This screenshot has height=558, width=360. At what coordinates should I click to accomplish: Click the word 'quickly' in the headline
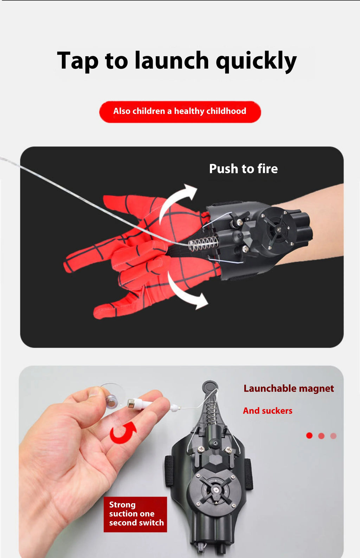(256, 61)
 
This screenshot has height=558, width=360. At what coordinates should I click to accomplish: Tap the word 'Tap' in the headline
(77, 61)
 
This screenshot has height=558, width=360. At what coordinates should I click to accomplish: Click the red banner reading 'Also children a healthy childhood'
(180, 112)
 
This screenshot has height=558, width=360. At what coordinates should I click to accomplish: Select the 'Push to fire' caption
(243, 169)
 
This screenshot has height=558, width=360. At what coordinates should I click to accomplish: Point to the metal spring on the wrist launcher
(204, 243)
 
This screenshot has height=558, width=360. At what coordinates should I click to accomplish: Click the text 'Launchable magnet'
(289, 388)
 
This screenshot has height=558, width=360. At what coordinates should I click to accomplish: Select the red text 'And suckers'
(268, 411)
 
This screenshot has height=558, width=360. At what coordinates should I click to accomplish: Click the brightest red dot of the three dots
(309, 436)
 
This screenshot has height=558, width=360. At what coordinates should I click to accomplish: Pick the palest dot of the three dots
(333, 436)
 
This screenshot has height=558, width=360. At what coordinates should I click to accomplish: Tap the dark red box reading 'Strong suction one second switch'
(135, 514)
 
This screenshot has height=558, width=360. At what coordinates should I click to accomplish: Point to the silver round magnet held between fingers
(112, 401)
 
